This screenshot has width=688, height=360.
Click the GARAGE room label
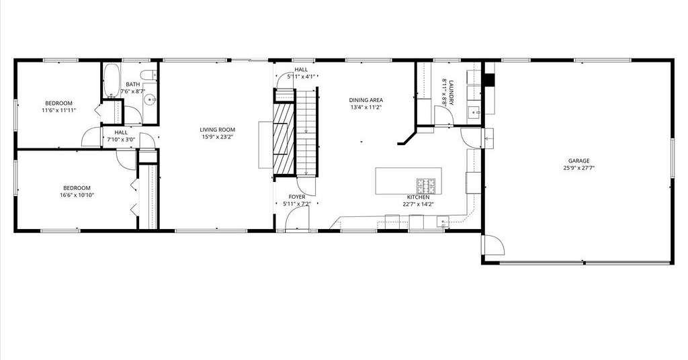[578, 161]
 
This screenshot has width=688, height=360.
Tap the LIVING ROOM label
[217, 130]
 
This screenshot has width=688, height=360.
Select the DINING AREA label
[366, 100]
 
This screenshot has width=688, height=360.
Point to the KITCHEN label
[418, 197]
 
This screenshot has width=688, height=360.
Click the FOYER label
[297, 197]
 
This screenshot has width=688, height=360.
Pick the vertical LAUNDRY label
[451, 92]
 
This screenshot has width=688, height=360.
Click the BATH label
[133, 84]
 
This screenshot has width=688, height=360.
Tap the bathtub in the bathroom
[112, 81]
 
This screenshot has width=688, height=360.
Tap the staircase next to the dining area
[306, 132]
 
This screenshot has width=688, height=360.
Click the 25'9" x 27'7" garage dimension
[578, 168]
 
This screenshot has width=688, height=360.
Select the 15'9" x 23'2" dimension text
[217, 137]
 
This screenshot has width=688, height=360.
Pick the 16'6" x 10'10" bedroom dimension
[77, 195]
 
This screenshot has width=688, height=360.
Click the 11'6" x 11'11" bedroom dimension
[59, 111]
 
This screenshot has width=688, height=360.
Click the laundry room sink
[474, 112]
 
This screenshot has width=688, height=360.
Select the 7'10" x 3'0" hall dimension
[121, 140]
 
